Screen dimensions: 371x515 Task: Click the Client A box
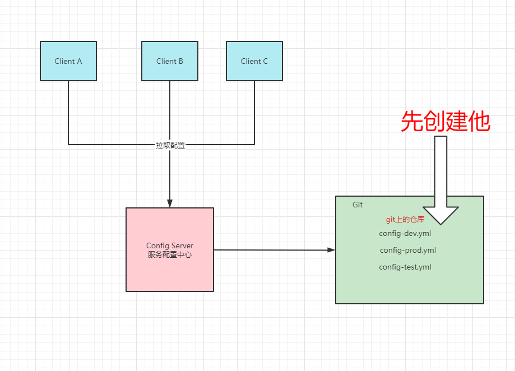68,61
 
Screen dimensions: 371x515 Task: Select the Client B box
169,61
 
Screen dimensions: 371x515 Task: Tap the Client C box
254,61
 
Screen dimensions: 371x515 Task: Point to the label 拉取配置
170,145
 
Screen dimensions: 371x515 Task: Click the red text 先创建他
446,122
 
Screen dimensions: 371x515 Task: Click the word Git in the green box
358,205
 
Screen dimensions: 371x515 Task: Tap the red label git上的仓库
405,220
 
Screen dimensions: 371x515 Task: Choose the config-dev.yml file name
405,233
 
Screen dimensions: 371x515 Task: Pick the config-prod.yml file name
407,251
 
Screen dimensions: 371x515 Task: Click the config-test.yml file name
405,267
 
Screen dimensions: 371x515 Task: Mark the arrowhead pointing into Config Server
170,203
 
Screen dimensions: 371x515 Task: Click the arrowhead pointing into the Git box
331,250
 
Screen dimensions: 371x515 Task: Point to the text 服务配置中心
170,255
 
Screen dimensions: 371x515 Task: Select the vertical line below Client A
68,112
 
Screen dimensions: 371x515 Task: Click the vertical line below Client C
254,112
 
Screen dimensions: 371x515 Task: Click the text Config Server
170,246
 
